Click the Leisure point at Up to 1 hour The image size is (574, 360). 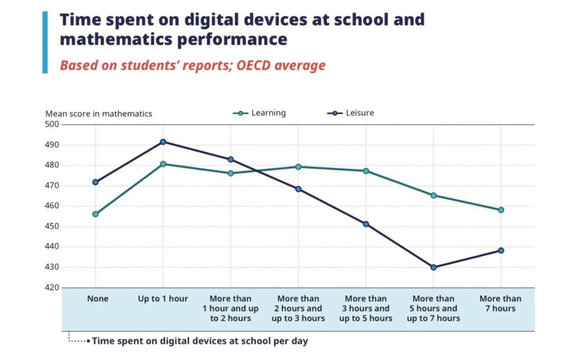pos(163,142)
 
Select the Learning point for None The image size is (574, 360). pos(95,214)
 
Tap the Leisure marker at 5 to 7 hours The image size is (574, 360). pos(433,267)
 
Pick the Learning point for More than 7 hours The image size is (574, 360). pos(501,210)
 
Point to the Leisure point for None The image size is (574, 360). pos(95,182)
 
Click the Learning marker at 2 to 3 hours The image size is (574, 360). pos(298,167)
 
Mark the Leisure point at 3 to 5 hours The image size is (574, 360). pos(366,224)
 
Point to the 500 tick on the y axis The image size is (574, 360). pos(52,125)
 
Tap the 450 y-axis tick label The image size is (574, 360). pos(52,227)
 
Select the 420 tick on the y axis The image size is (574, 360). pos(52,288)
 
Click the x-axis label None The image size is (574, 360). pos(98,299)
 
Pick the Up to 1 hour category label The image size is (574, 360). pos(163,299)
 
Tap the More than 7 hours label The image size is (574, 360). pos(500,304)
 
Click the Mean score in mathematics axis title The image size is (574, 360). pos(99,114)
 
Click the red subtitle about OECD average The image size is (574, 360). pos(192,65)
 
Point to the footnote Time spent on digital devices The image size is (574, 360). pos(200,341)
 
